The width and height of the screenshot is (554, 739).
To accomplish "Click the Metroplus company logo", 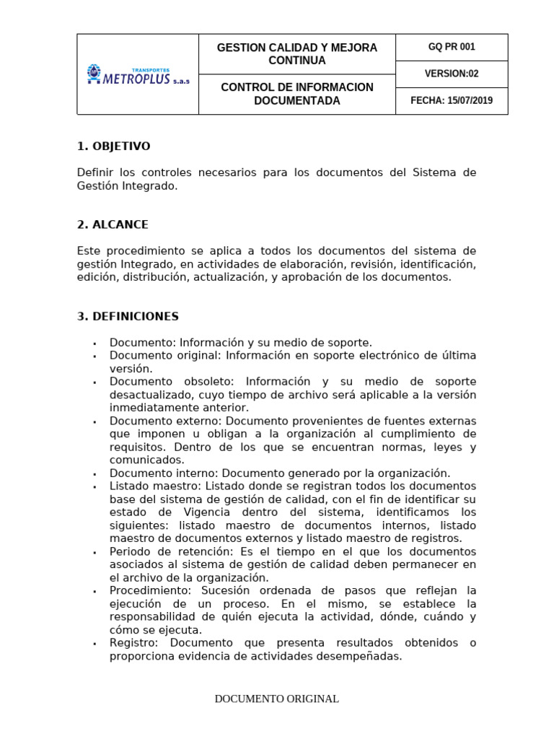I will coord(137,74).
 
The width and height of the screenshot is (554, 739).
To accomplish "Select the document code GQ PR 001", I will coord(452,47).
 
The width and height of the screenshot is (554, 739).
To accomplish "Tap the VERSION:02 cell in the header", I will coord(452,74).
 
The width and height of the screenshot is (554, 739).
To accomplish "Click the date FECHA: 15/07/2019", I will coord(452,100).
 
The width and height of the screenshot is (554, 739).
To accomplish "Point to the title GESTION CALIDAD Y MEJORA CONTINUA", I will coord(296,53).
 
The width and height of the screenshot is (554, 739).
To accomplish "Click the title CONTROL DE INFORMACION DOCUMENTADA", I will coord(296,94).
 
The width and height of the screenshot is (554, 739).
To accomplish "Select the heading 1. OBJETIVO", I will coord(113,147).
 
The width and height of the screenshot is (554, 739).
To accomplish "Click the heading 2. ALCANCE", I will coord(113,224).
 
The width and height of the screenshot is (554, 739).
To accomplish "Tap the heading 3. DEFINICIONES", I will coord(128,317).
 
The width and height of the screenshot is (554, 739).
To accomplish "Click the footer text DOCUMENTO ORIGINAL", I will coord(277,699).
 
